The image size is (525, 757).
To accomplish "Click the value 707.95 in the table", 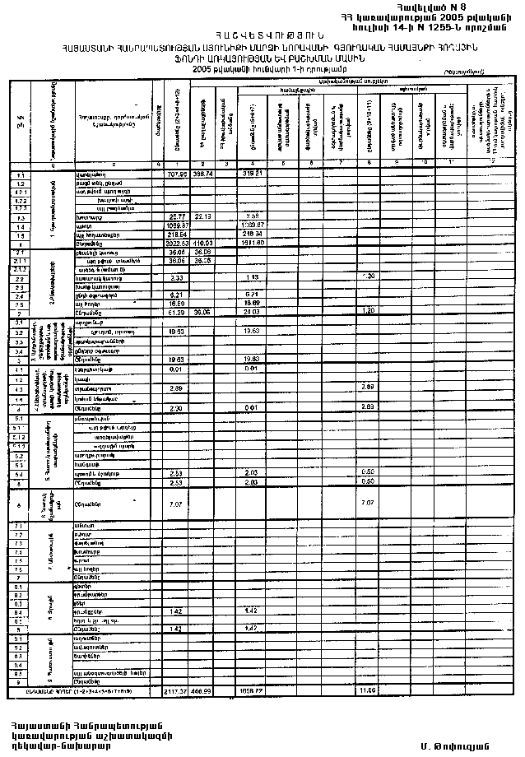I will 178,175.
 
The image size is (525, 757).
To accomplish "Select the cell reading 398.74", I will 203,175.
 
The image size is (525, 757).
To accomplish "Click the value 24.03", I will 253,313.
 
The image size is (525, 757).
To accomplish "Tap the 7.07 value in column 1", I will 175,503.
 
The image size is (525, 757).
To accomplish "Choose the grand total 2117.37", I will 177,691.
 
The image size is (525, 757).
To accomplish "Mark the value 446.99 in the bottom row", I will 203,691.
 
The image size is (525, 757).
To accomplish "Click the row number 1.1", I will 18,175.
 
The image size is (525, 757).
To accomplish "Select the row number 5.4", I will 18,473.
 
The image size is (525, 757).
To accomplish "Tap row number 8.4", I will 18,611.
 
